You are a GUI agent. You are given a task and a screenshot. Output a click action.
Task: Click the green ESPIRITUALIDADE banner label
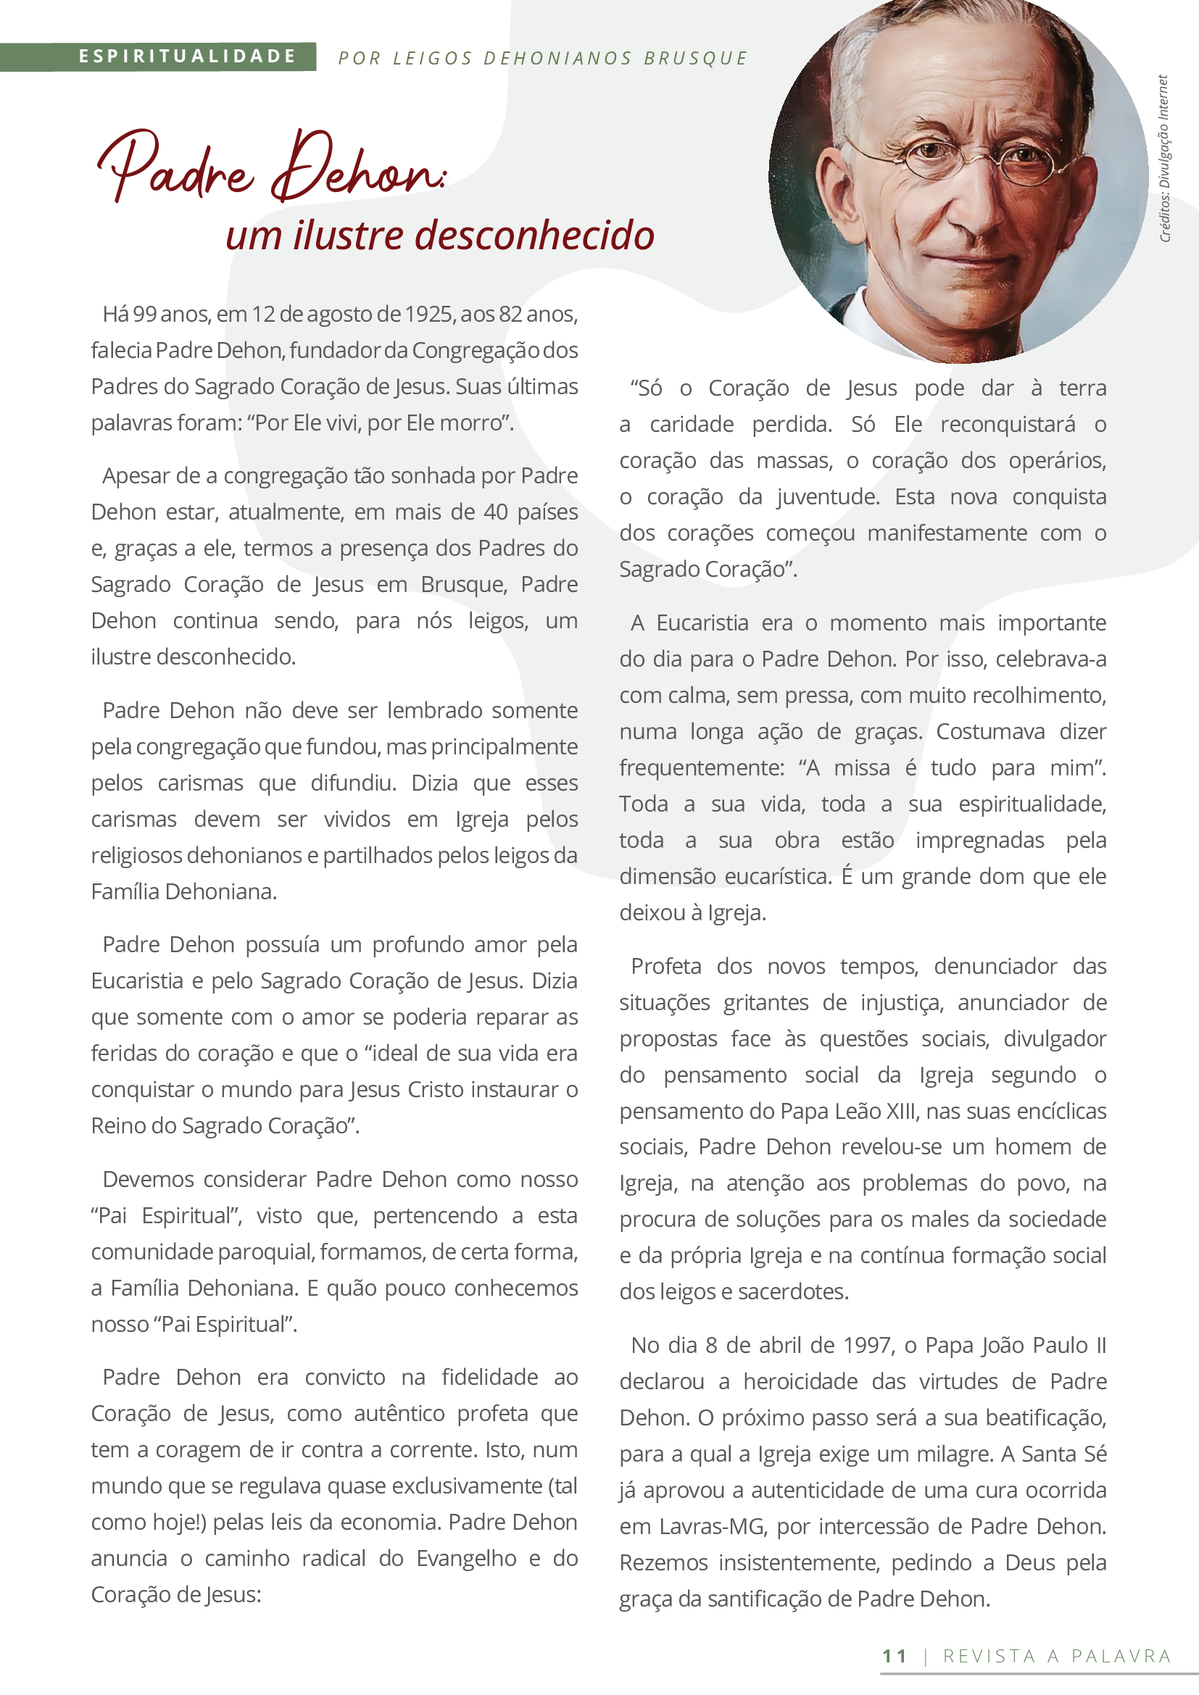187,57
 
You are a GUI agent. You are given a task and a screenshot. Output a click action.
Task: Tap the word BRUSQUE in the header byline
695,58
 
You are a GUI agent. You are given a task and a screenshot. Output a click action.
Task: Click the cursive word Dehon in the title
357,168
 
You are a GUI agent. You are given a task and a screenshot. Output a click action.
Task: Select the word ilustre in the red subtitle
350,236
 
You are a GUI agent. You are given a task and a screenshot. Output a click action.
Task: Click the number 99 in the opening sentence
145,315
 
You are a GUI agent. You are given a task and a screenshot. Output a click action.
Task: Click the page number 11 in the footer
894,1656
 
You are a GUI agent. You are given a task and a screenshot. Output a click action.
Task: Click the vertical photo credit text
1164,158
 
